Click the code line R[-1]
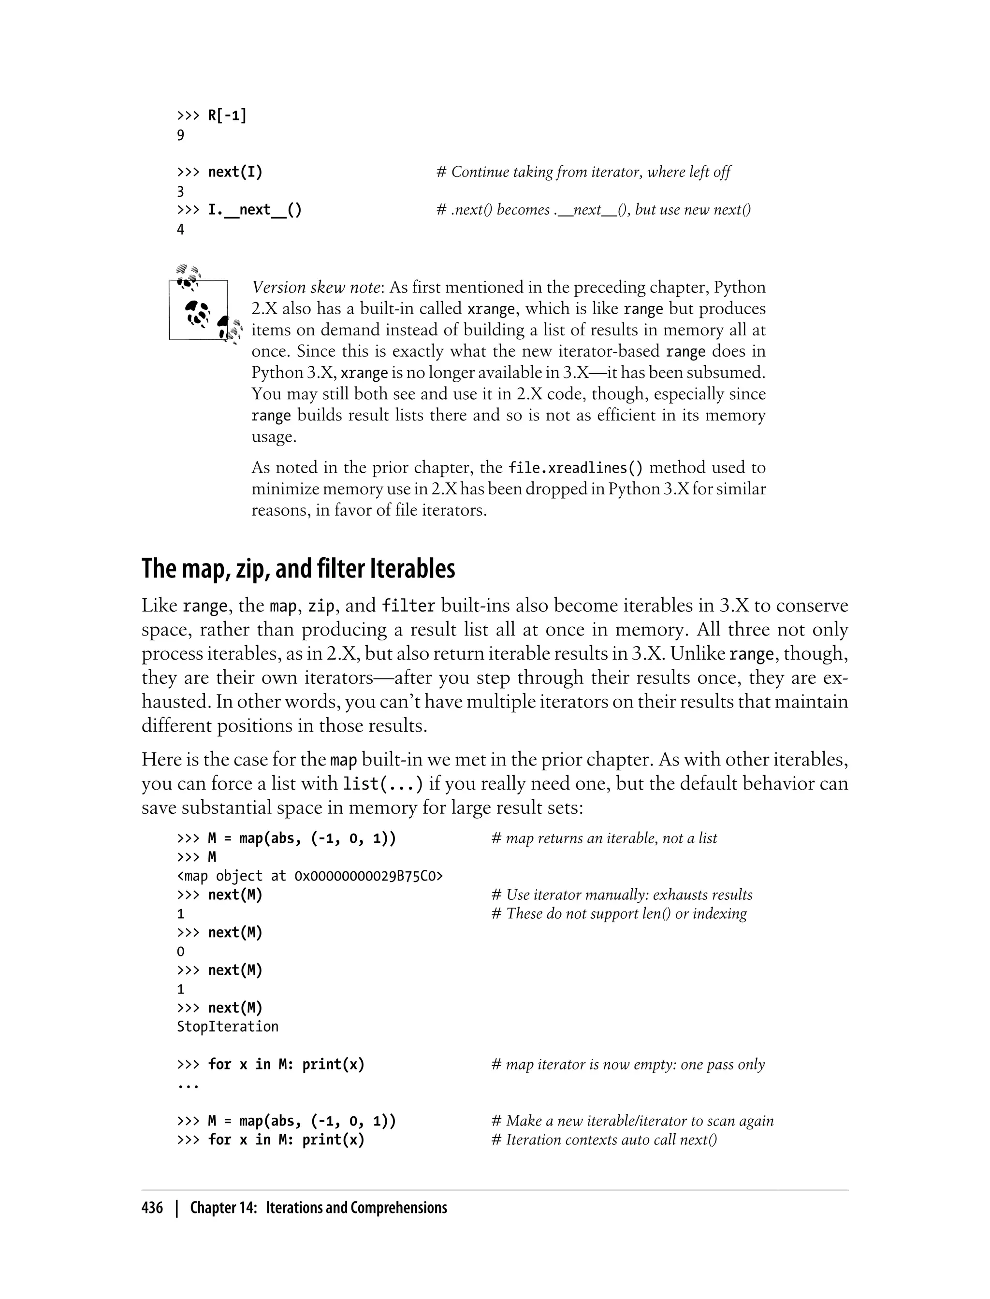[x=227, y=115]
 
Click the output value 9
[x=181, y=135]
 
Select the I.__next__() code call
[x=255, y=210]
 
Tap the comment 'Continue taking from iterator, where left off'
[x=583, y=172]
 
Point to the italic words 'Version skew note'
[x=316, y=288]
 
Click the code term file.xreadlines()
[x=576, y=468]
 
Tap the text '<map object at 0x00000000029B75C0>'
[x=310, y=876]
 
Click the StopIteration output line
[x=228, y=1027]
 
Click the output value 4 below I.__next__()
[x=181, y=230]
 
